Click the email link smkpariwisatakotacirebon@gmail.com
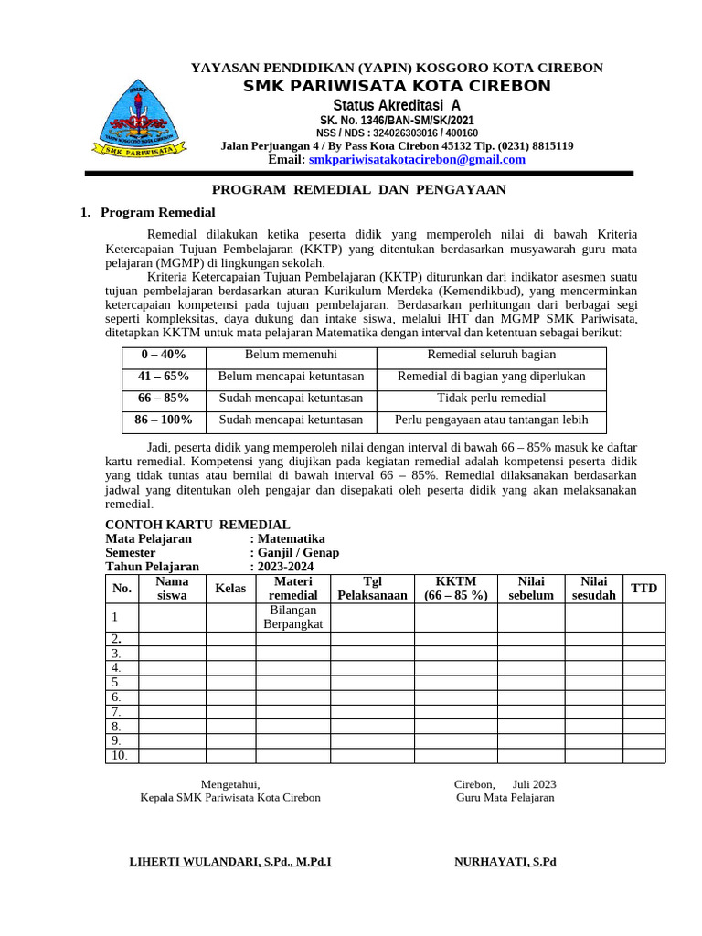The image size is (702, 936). click(x=417, y=160)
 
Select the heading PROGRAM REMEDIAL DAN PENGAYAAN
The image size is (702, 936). click(x=358, y=189)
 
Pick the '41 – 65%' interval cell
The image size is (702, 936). click(x=164, y=377)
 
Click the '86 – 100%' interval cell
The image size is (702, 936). click(x=164, y=420)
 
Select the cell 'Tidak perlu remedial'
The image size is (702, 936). click(x=491, y=399)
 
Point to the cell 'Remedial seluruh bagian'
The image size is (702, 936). click(x=491, y=355)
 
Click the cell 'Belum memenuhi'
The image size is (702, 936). click(x=291, y=355)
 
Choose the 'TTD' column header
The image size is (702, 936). click(x=644, y=589)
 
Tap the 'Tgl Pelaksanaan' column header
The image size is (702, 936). click(x=372, y=589)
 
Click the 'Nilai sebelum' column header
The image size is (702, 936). click(x=530, y=589)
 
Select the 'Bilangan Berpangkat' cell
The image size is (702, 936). click(x=292, y=617)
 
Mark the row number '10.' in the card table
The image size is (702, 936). click(x=120, y=756)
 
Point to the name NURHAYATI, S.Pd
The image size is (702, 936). click(x=505, y=862)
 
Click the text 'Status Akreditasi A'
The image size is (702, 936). click(x=396, y=105)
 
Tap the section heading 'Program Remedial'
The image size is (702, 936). click(x=157, y=212)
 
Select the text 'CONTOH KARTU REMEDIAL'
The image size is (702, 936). click(x=197, y=525)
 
